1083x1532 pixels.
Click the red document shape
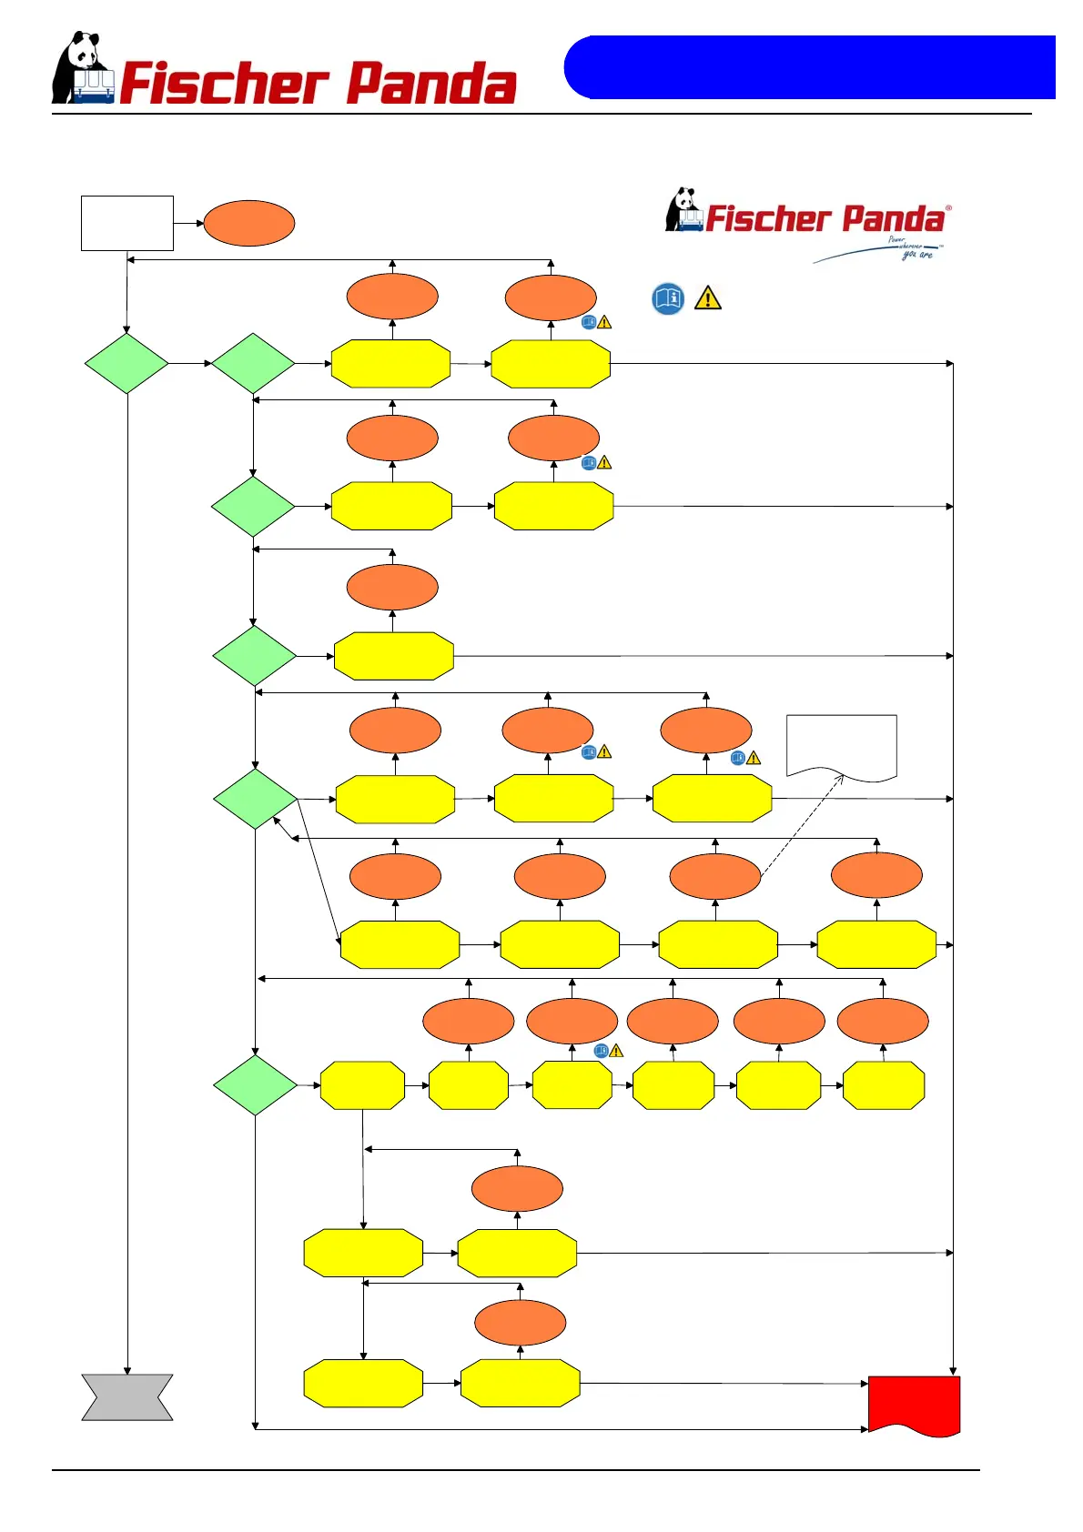click(914, 1404)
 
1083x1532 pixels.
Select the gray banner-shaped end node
click(127, 1396)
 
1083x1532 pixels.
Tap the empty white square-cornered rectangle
click(127, 223)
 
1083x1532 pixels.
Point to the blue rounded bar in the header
click(809, 67)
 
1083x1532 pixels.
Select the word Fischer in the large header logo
click(223, 84)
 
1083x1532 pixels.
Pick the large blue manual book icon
click(668, 298)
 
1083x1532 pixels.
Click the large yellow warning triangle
click(707, 298)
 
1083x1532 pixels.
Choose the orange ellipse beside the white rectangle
click(249, 223)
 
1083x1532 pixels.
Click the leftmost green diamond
click(127, 363)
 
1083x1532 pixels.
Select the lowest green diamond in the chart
click(255, 1084)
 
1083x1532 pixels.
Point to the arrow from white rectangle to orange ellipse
click(188, 223)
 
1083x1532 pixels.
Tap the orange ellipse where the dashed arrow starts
click(714, 877)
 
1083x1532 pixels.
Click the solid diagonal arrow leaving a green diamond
click(319, 871)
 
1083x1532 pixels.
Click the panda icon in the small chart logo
click(683, 209)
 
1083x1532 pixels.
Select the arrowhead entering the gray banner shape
click(127, 1369)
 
